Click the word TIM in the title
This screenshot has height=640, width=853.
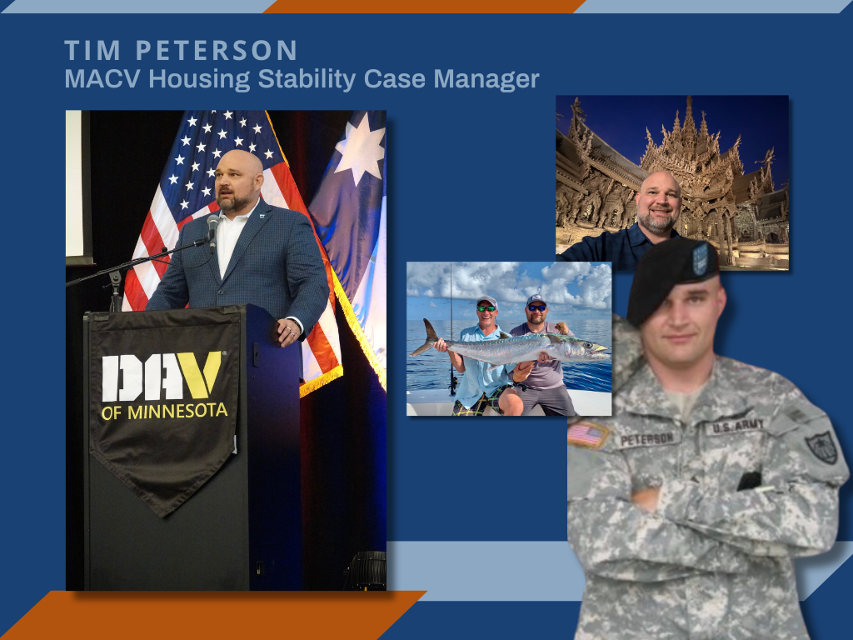[x=92, y=51]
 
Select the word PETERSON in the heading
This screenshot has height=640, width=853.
[x=216, y=51]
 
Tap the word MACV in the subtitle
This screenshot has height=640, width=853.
[x=102, y=79]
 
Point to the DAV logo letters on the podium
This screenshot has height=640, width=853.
[x=162, y=376]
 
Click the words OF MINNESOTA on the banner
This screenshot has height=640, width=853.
[x=164, y=412]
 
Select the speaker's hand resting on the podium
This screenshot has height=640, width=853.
[x=289, y=332]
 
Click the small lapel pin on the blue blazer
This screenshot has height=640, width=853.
[x=262, y=217]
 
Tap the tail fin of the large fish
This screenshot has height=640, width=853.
[x=426, y=337]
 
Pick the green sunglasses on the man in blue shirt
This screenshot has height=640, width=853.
[x=486, y=308]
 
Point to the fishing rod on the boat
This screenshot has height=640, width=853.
[x=451, y=329]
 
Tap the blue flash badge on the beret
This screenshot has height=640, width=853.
[x=700, y=259]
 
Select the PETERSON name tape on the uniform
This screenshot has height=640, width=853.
[x=646, y=438]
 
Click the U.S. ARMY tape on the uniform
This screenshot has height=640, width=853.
[x=737, y=426]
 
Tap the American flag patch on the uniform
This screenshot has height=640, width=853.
[x=588, y=434]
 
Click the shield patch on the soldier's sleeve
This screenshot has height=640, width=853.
[x=821, y=447]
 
